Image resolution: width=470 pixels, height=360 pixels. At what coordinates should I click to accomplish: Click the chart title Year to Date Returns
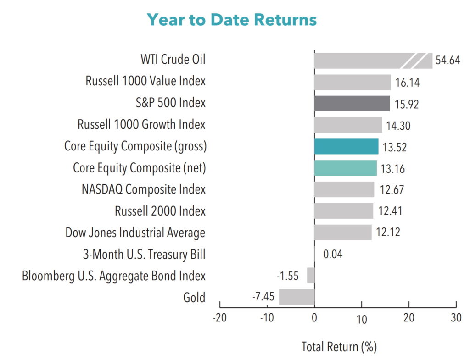pos(232,20)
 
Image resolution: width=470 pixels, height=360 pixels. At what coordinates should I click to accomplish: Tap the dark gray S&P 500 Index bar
pos(352,104)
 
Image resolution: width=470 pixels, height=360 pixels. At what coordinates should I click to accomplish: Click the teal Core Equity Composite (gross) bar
pos(346,146)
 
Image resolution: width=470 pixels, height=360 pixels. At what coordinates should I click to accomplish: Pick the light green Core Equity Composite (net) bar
pos(345,168)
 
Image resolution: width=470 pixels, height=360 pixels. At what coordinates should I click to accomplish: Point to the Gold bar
pos(297,297)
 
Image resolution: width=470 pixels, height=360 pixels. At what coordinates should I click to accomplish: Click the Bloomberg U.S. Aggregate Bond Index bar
pos(311,275)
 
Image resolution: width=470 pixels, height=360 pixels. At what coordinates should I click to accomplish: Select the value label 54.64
pos(448,61)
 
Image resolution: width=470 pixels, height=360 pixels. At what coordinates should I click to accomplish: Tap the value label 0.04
pos(333,254)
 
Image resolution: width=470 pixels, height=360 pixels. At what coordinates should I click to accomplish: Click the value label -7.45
pos(263,297)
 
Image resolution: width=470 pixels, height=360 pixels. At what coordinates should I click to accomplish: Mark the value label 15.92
pos(406,104)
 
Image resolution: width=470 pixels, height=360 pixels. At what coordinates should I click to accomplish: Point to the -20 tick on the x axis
pos(219,318)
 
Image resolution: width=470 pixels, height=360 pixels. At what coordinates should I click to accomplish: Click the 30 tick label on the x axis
pos(456,318)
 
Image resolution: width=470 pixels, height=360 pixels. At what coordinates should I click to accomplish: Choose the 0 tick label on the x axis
pos(314,318)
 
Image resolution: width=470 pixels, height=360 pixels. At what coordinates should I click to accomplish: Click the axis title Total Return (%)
pos(339,346)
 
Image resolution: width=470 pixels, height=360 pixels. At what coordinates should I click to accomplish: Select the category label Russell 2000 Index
pos(160,211)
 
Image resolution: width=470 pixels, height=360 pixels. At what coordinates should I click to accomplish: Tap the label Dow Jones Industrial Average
pos(135,233)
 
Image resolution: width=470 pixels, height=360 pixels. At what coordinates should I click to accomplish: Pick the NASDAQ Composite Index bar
pos(344,189)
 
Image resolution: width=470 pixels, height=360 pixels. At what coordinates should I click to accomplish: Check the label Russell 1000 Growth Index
pos(141,124)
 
